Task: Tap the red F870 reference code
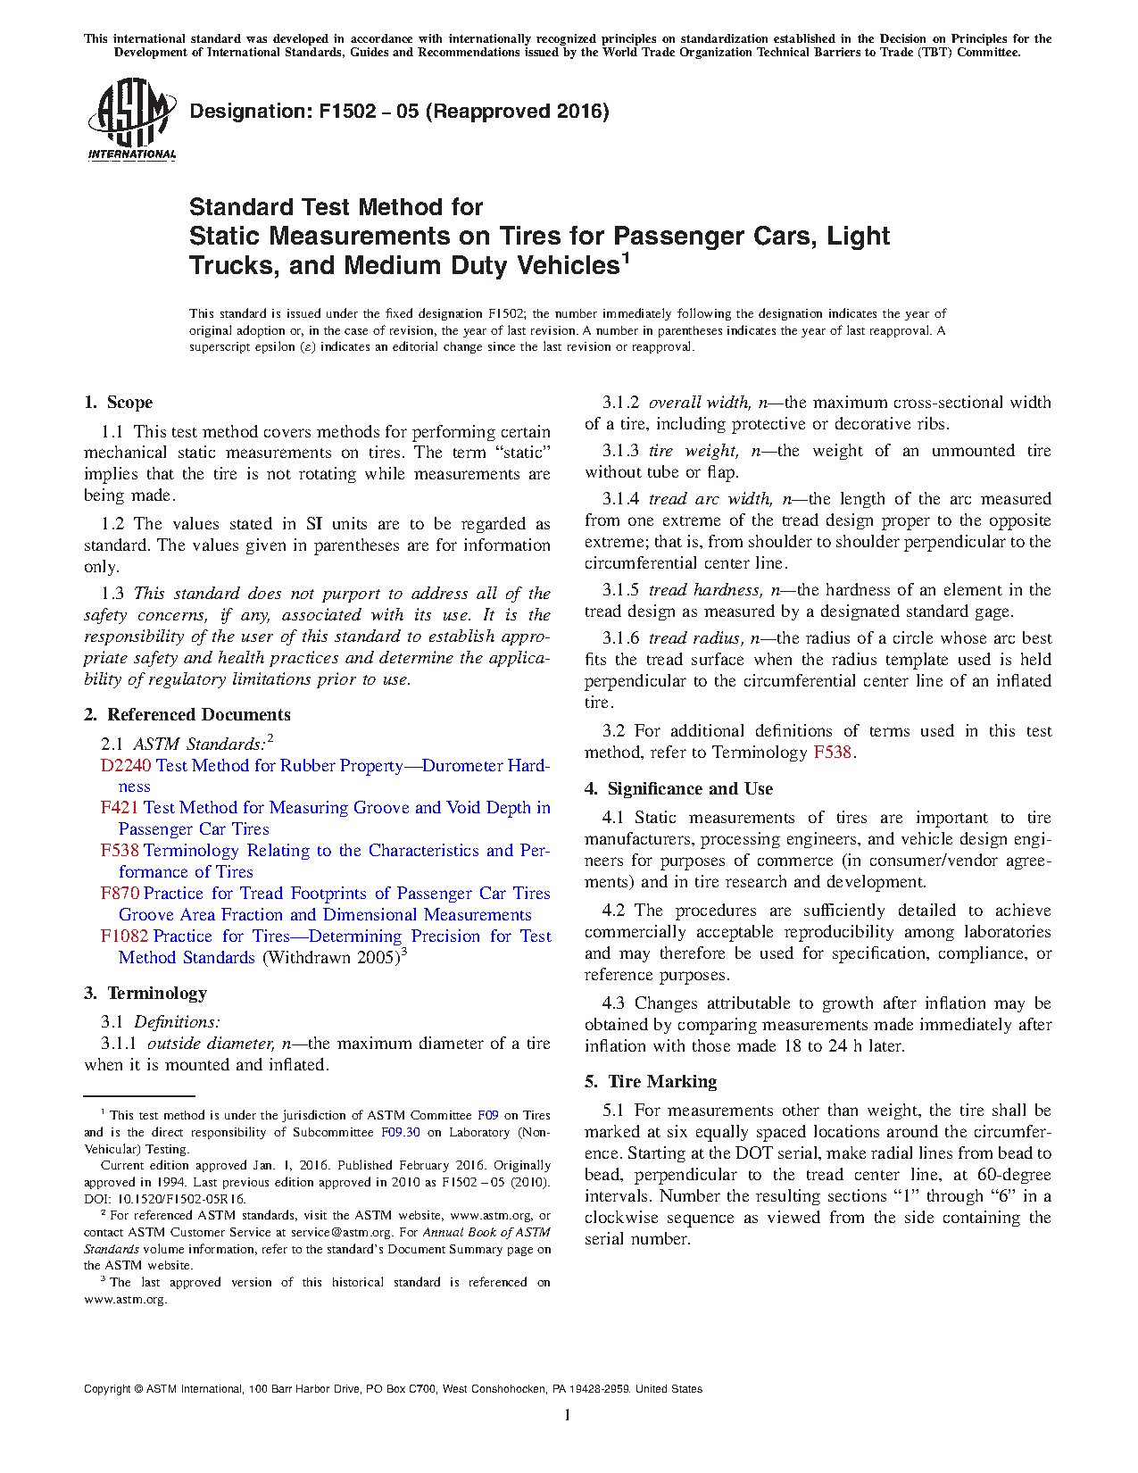pos(120,894)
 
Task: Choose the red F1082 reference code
pos(124,936)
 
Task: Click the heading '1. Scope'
pos(119,403)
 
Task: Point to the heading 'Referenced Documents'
pos(198,715)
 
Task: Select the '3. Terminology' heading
pos(145,994)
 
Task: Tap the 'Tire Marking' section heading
pos(662,1082)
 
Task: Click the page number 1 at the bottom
pos(568,1415)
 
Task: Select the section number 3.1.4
pos(620,499)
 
